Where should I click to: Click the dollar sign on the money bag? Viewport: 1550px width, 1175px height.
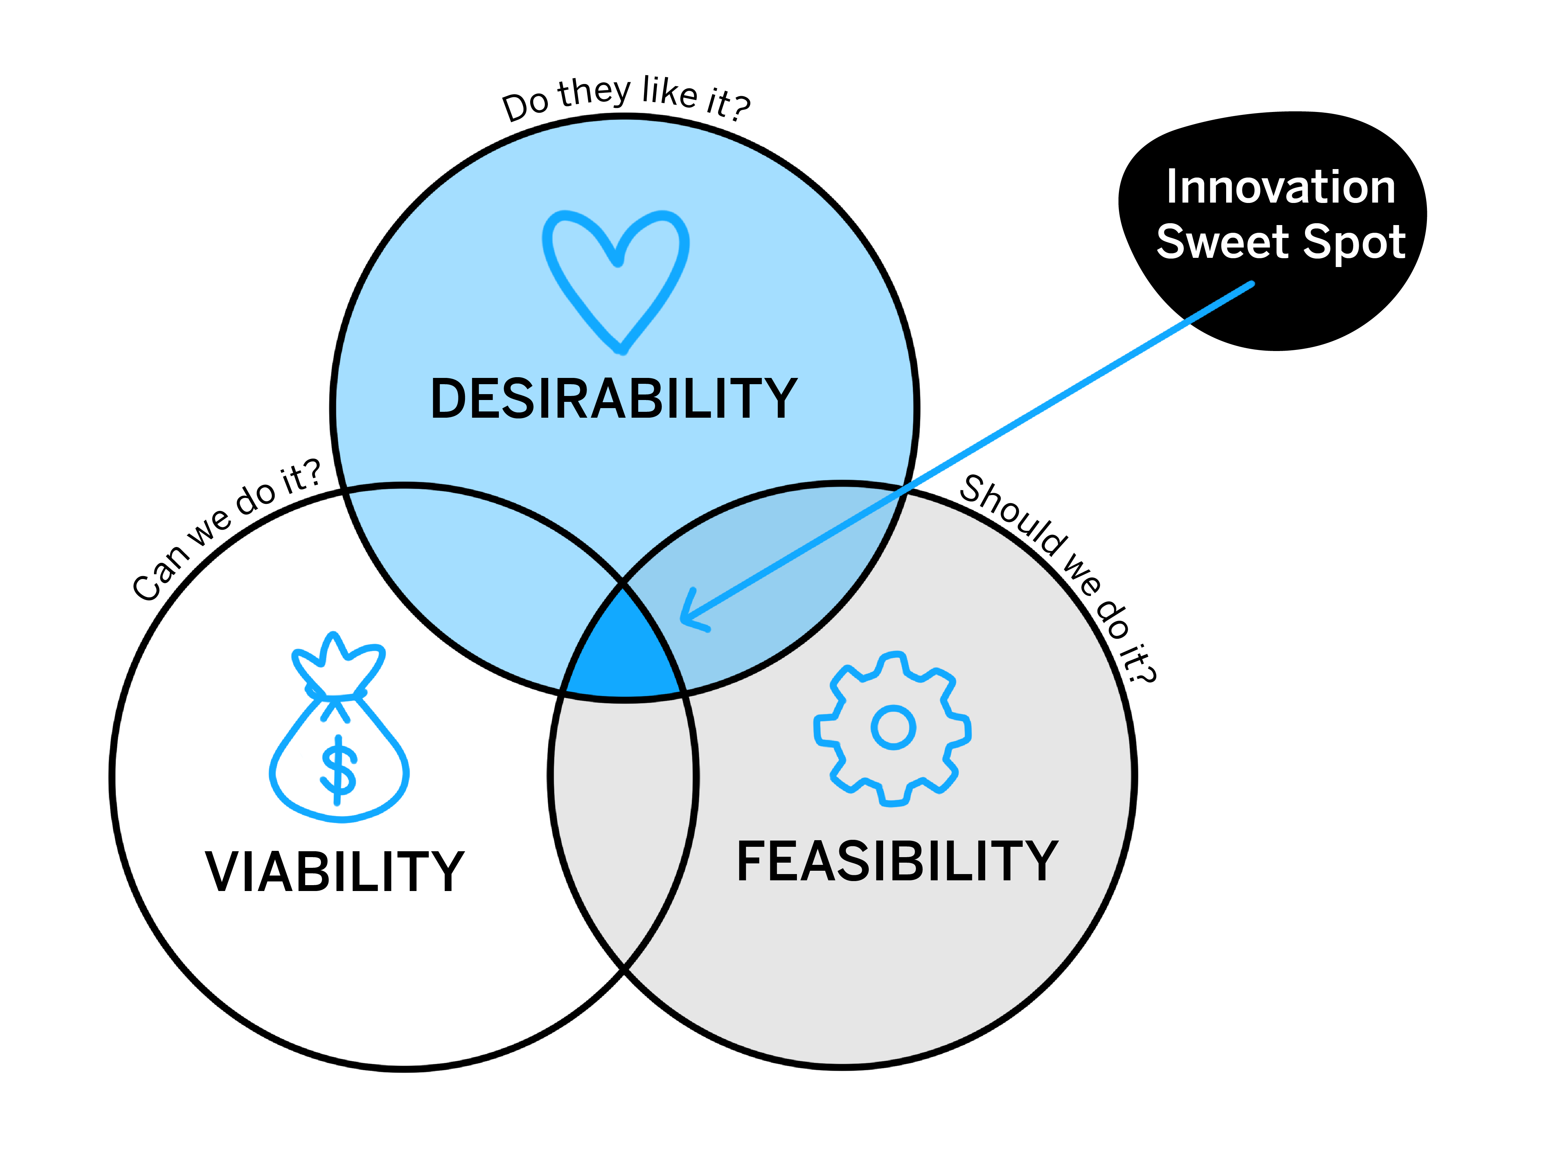tap(339, 770)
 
